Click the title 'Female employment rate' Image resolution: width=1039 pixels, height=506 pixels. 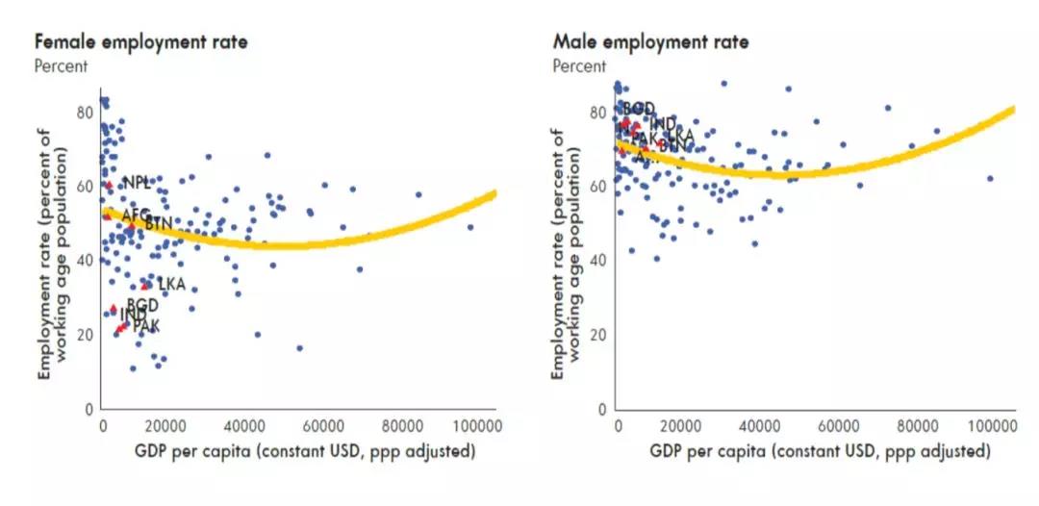pyautogui.click(x=141, y=42)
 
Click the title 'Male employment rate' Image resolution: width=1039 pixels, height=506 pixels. pyautogui.click(x=650, y=42)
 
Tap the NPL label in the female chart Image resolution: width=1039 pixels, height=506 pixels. pyautogui.click(x=137, y=183)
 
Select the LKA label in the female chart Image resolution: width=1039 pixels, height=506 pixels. pyautogui.click(x=170, y=284)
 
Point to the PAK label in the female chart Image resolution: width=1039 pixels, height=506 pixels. pyautogui.click(x=146, y=327)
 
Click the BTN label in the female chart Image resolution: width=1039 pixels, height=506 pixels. pyautogui.click(x=159, y=224)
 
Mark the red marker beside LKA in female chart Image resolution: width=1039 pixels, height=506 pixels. pyautogui.click(x=145, y=286)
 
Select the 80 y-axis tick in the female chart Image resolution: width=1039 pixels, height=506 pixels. pyautogui.click(x=85, y=113)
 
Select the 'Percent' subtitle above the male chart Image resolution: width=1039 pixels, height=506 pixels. pyautogui.click(x=579, y=66)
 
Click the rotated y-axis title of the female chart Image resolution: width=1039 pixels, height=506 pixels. pyautogui.click(x=53, y=260)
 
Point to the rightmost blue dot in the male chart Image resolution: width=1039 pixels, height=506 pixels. pyautogui.click(x=990, y=179)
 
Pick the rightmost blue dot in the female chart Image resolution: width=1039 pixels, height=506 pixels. pyautogui.click(x=470, y=227)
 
